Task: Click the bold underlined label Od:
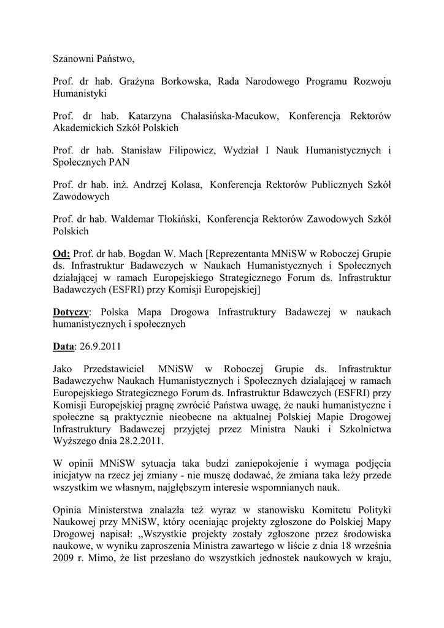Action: (x=61, y=254)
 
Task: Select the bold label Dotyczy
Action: (x=71, y=312)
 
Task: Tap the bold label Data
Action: (x=63, y=347)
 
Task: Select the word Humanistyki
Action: (x=80, y=94)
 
